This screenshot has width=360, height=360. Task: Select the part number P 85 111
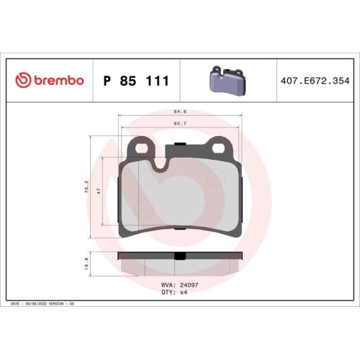(137, 81)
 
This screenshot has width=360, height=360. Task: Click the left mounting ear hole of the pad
(140, 148)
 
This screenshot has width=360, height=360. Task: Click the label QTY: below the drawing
(168, 293)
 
